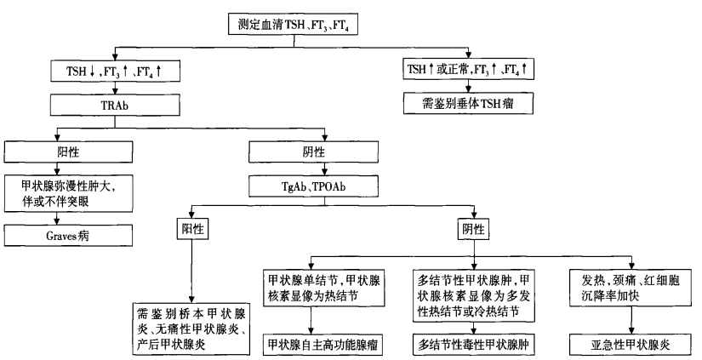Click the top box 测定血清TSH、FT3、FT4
point(294,24)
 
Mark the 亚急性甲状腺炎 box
point(631,345)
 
